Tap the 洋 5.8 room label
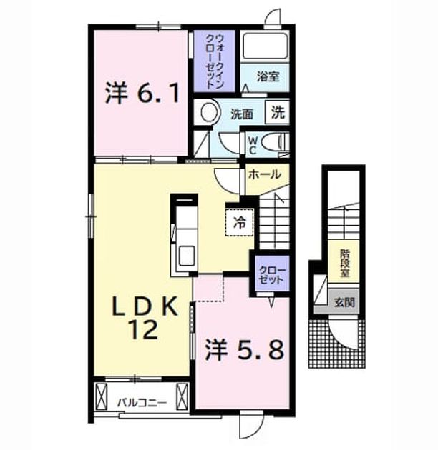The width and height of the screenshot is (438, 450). click(x=244, y=349)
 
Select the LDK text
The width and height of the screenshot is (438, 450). click(x=145, y=306)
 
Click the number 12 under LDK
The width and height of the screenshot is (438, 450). click(x=143, y=329)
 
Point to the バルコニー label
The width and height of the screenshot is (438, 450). click(x=142, y=403)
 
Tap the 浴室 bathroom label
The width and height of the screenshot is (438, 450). click(x=268, y=76)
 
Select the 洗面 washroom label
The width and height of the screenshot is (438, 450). click(x=242, y=114)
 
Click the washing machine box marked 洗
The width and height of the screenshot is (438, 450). click(x=278, y=112)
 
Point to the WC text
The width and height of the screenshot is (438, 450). click(x=253, y=146)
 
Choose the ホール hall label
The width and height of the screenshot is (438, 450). click(x=265, y=174)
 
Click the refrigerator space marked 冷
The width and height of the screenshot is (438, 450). click(x=239, y=222)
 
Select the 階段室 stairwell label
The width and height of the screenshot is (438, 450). click(x=344, y=263)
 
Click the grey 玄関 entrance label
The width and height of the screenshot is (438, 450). click(x=344, y=302)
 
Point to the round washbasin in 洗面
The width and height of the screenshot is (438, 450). click(x=210, y=111)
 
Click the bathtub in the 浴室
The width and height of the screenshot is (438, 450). click(x=265, y=46)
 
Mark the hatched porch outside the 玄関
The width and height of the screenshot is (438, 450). click(x=337, y=344)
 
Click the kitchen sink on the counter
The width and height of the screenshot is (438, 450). click(x=186, y=255)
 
